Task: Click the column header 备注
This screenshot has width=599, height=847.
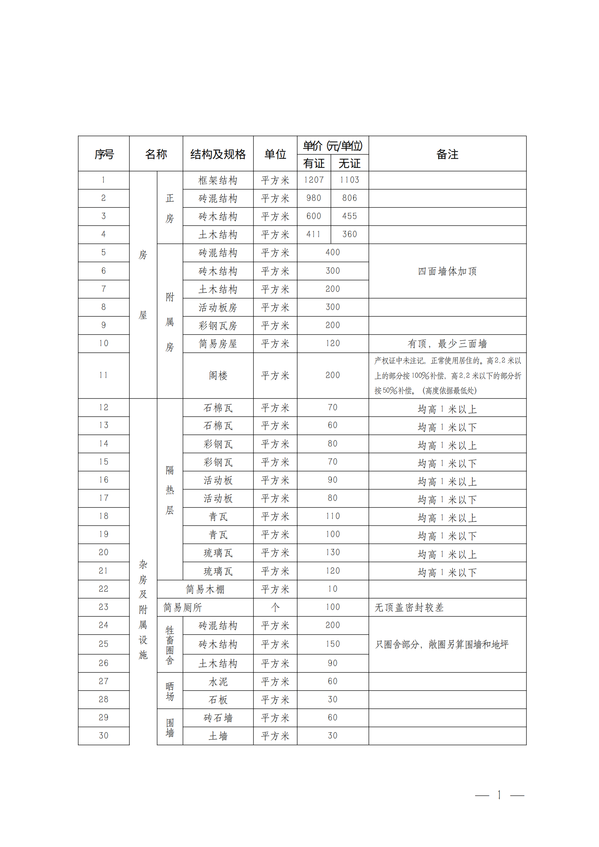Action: (447, 154)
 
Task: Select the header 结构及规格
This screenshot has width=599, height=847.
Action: (218, 154)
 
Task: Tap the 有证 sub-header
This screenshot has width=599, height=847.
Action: (314, 163)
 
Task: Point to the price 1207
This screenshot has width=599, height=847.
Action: (314, 180)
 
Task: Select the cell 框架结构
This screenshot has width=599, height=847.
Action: (218, 180)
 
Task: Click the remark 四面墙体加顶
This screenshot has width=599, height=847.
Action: (447, 271)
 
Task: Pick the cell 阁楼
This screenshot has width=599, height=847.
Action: (218, 376)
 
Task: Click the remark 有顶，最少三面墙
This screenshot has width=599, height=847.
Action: (447, 344)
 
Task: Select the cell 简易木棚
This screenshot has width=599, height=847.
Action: (205, 589)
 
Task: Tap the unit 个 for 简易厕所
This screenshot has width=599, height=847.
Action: (275, 607)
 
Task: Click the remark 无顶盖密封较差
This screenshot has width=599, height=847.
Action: (409, 607)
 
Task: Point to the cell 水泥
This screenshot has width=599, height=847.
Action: (218, 682)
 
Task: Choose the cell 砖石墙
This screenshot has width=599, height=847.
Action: (218, 718)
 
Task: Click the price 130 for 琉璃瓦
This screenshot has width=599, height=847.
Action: (333, 552)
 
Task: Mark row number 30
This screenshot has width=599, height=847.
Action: (103, 735)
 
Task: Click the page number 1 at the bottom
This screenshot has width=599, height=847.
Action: (499, 795)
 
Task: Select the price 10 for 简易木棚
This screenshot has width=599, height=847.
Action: (333, 589)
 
